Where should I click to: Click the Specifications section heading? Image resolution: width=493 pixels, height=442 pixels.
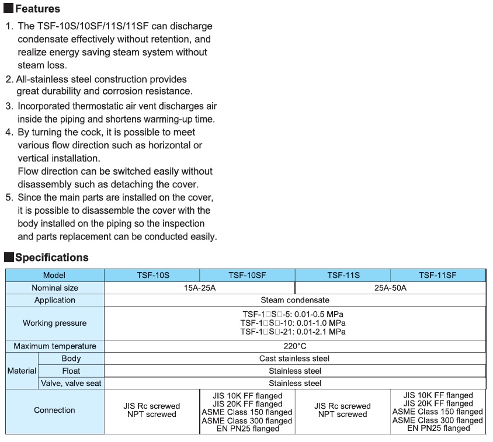pos(51,257)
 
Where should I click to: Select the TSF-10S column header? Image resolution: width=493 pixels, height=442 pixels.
pos(152,275)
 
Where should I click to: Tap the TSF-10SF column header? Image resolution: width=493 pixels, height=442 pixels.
pos(247,275)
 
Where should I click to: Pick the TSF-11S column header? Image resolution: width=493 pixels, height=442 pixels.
pos(343,275)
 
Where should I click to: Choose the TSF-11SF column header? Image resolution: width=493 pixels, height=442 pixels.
pos(438,275)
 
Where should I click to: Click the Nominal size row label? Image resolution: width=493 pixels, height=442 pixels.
pos(54,288)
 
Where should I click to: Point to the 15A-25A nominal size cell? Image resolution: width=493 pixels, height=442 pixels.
pos(200,288)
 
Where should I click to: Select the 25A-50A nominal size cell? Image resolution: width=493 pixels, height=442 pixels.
pos(391,288)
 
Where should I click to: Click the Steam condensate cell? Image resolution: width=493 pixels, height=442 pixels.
pos(294,300)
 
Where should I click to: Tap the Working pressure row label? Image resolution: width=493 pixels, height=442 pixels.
pos(54,323)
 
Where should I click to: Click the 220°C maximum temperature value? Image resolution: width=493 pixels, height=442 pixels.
pos(294,346)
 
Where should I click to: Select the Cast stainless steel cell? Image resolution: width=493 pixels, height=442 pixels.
pos(294,359)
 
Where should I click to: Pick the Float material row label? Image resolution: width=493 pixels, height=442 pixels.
pos(71,371)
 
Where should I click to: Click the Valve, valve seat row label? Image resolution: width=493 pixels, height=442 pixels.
pos(71,384)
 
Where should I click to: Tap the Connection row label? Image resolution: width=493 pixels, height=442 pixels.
pos(54,410)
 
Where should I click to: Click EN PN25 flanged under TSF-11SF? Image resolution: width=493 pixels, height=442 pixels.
pos(438,428)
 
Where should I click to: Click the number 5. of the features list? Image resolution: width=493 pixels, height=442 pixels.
pos(9,197)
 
